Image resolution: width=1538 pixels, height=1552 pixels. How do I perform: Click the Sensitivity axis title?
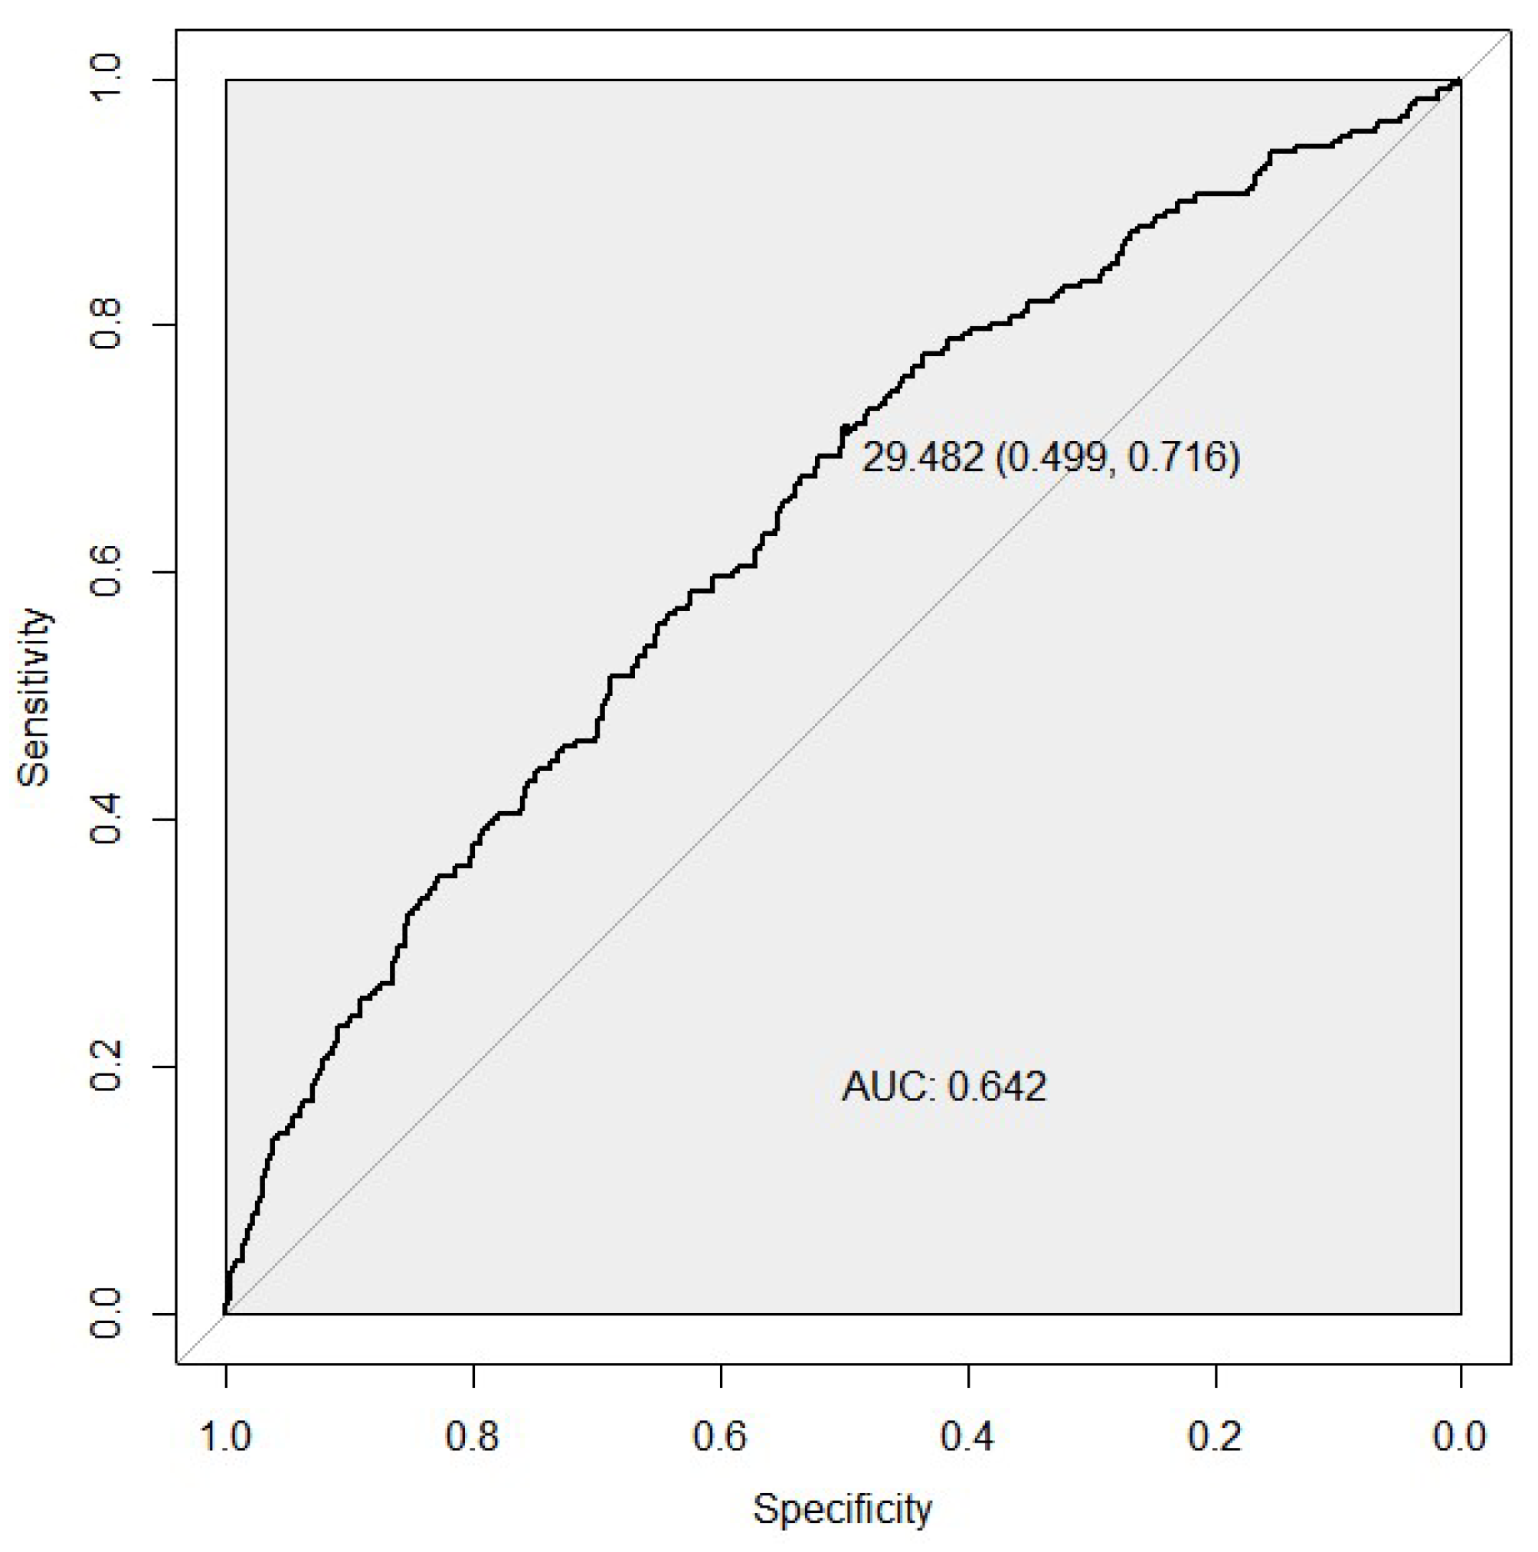click(x=34, y=697)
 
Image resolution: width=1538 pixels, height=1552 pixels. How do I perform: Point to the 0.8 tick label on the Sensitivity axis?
click(x=106, y=325)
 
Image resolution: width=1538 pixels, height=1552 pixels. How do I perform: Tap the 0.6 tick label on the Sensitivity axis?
click(x=106, y=572)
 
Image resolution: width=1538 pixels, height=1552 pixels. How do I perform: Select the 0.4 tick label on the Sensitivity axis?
click(x=106, y=819)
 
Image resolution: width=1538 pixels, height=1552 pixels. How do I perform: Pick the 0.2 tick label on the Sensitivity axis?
click(x=106, y=1067)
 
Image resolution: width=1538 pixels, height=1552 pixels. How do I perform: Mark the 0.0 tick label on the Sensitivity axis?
click(x=106, y=1314)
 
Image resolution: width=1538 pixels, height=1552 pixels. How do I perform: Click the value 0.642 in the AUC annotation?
click(x=997, y=1087)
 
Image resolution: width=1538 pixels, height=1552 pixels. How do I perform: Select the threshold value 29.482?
click(x=921, y=458)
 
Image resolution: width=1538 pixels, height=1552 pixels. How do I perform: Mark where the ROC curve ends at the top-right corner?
click(x=1459, y=81)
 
